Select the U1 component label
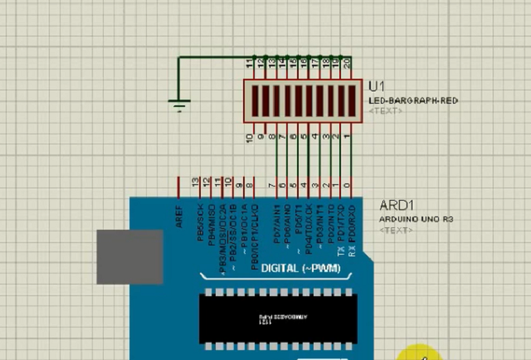tap(377, 86)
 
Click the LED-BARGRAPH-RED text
tap(413, 100)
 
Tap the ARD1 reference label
tap(397, 205)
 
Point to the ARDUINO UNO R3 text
tap(417, 219)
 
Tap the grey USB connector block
tap(129, 256)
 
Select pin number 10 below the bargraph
tap(250, 138)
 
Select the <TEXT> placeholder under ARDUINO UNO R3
tap(395, 230)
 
